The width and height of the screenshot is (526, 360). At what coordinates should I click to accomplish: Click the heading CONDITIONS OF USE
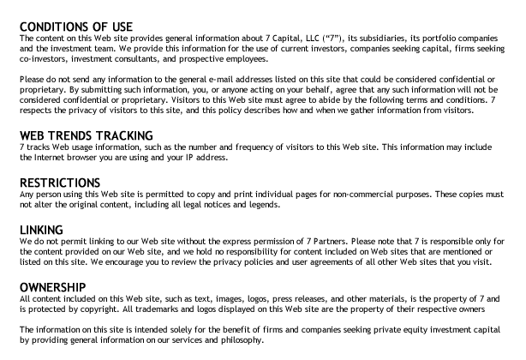pyautogui.click(x=76, y=27)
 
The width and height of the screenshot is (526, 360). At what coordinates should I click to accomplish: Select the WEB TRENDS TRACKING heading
pyautogui.click(x=86, y=135)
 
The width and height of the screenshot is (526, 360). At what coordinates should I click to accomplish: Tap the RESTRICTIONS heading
pyautogui.click(x=59, y=183)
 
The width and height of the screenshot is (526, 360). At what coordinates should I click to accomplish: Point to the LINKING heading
pyautogui.click(x=41, y=230)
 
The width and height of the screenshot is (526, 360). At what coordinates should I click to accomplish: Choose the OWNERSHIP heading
pyautogui.click(x=52, y=286)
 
